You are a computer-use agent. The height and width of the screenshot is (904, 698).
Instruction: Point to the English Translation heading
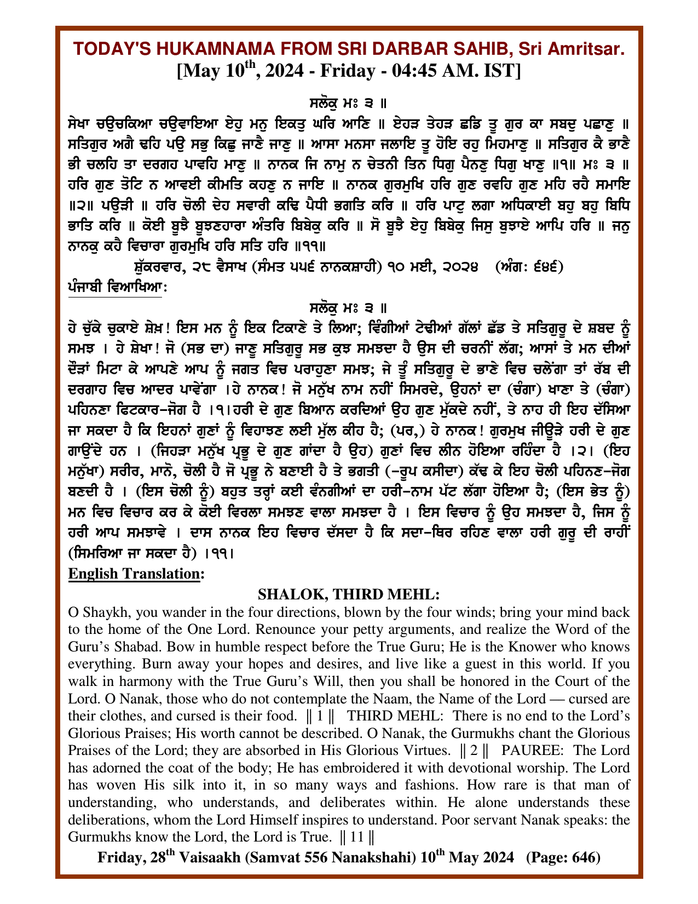click(x=136, y=574)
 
